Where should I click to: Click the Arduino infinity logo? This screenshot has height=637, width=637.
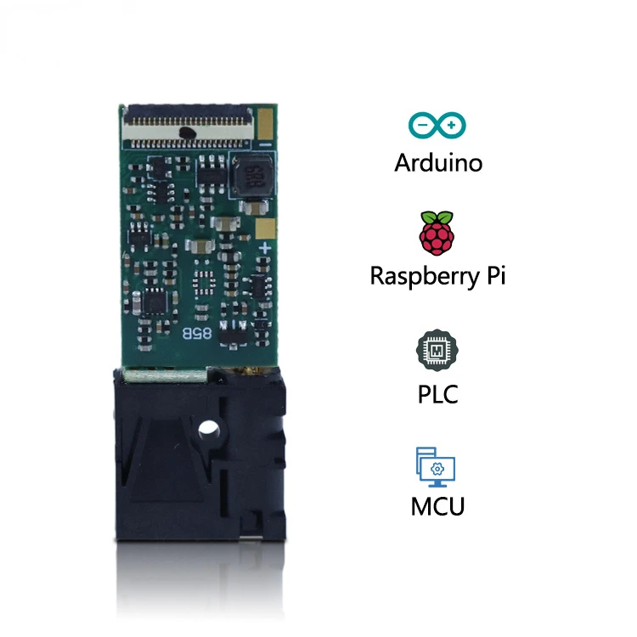click(x=437, y=126)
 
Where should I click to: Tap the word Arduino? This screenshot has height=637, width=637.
click(x=437, y=161)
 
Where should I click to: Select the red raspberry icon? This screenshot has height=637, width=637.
click(x=437, y=233)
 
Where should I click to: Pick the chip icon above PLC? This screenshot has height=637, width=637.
click(x=437, y=350)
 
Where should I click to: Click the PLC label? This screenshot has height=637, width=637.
click(x=437, y=393)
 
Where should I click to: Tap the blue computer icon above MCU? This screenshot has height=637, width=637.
click(x=437, y=465)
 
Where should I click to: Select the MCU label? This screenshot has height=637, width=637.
click(x=437, y=507)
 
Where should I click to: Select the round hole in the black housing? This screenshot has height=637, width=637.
click(x=208, y=432)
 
